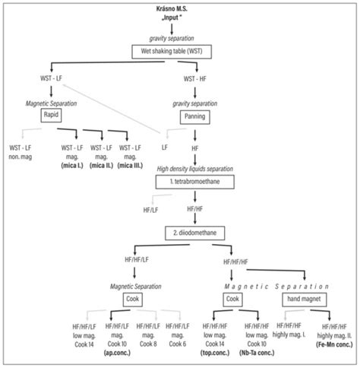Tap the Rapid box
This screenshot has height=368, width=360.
(x=52, y=117)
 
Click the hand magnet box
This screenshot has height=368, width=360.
(x=305, y=300)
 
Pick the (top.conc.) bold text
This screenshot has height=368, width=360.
(x=216, y=353)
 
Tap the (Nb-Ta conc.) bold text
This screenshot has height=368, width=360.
(x=258, y=353)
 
